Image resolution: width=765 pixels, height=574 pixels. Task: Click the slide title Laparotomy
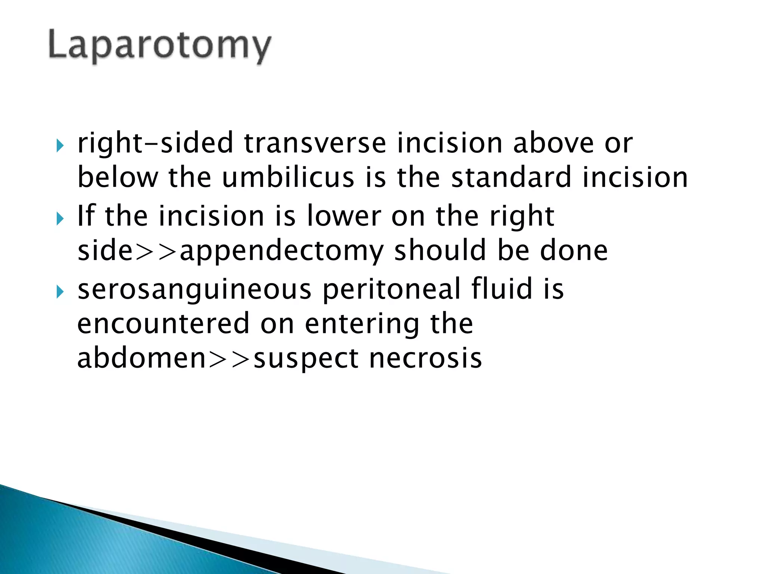pos(159,46)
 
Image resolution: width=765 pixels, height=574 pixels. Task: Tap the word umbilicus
pos(288,178)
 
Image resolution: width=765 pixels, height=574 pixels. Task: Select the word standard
pos(511,178)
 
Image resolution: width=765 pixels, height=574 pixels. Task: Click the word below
pos(118,178)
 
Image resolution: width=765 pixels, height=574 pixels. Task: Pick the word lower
pos(344,216)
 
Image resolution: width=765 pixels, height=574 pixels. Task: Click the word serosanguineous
pos(194,290)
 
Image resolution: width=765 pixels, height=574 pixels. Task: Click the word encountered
pos(163,324)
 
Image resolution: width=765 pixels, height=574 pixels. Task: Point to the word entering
pos(362,325)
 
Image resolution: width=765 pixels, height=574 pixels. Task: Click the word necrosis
pos(425,358)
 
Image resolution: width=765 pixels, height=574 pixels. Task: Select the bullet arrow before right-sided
pos(60,145)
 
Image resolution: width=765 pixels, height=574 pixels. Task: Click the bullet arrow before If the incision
pos(60,219)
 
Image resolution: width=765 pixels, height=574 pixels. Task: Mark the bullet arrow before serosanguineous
pos(60,292)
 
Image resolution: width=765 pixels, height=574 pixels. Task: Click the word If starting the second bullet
pos(85,216)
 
